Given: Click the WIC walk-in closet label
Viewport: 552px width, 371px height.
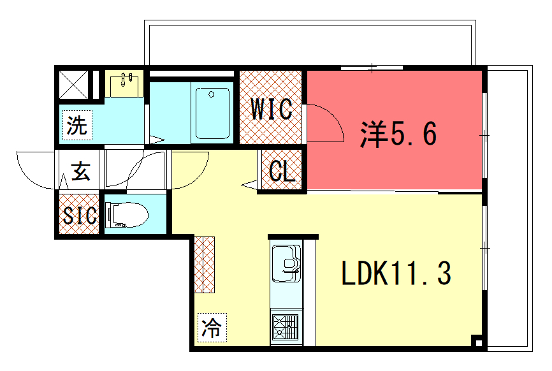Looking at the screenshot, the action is [x=272, y=109].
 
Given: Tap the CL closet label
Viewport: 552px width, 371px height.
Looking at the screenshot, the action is [x=282, y=171].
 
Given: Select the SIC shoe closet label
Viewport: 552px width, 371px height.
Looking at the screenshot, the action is [x=80, y=215].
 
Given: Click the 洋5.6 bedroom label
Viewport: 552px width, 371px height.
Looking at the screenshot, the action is [x=398, y=134].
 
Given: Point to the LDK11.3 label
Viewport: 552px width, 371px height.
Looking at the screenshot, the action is [x=396, y=273].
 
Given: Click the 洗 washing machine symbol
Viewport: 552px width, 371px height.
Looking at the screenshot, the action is [x=77, y=125].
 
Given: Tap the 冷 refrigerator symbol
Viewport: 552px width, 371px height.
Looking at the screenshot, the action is [x=212, y=328].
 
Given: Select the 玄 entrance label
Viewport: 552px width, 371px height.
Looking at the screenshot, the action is [x=80, y=171].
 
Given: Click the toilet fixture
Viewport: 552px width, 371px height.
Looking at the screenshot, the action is [x=127, y=214].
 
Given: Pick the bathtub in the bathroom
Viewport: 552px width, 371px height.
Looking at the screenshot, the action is [x=212, y=113].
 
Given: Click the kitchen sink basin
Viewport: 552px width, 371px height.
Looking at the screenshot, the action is [x=286, y=264].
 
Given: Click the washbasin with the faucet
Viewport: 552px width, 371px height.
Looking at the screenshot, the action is [x=124, y=85].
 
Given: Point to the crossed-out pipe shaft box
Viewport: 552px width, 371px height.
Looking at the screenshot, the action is [x=73, y=85].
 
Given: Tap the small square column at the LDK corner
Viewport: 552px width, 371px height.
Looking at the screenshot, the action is [x=478, y=342].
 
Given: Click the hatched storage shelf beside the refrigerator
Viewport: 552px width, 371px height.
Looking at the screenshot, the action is [x=204, y=265].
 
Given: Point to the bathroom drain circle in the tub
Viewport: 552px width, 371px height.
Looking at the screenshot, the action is [x=211, y=94].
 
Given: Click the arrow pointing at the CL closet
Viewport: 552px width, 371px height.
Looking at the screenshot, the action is [x=249, y=185].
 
